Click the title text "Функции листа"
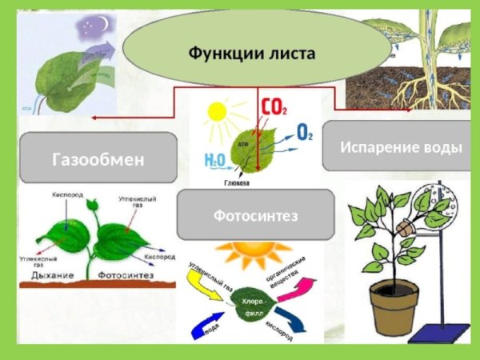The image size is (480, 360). (252, 54)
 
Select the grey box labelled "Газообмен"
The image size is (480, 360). (98, 158)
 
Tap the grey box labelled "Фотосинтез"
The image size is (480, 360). (254, 215)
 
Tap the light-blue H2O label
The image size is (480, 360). (214, 161)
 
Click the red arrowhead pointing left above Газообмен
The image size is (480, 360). (95, 118)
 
